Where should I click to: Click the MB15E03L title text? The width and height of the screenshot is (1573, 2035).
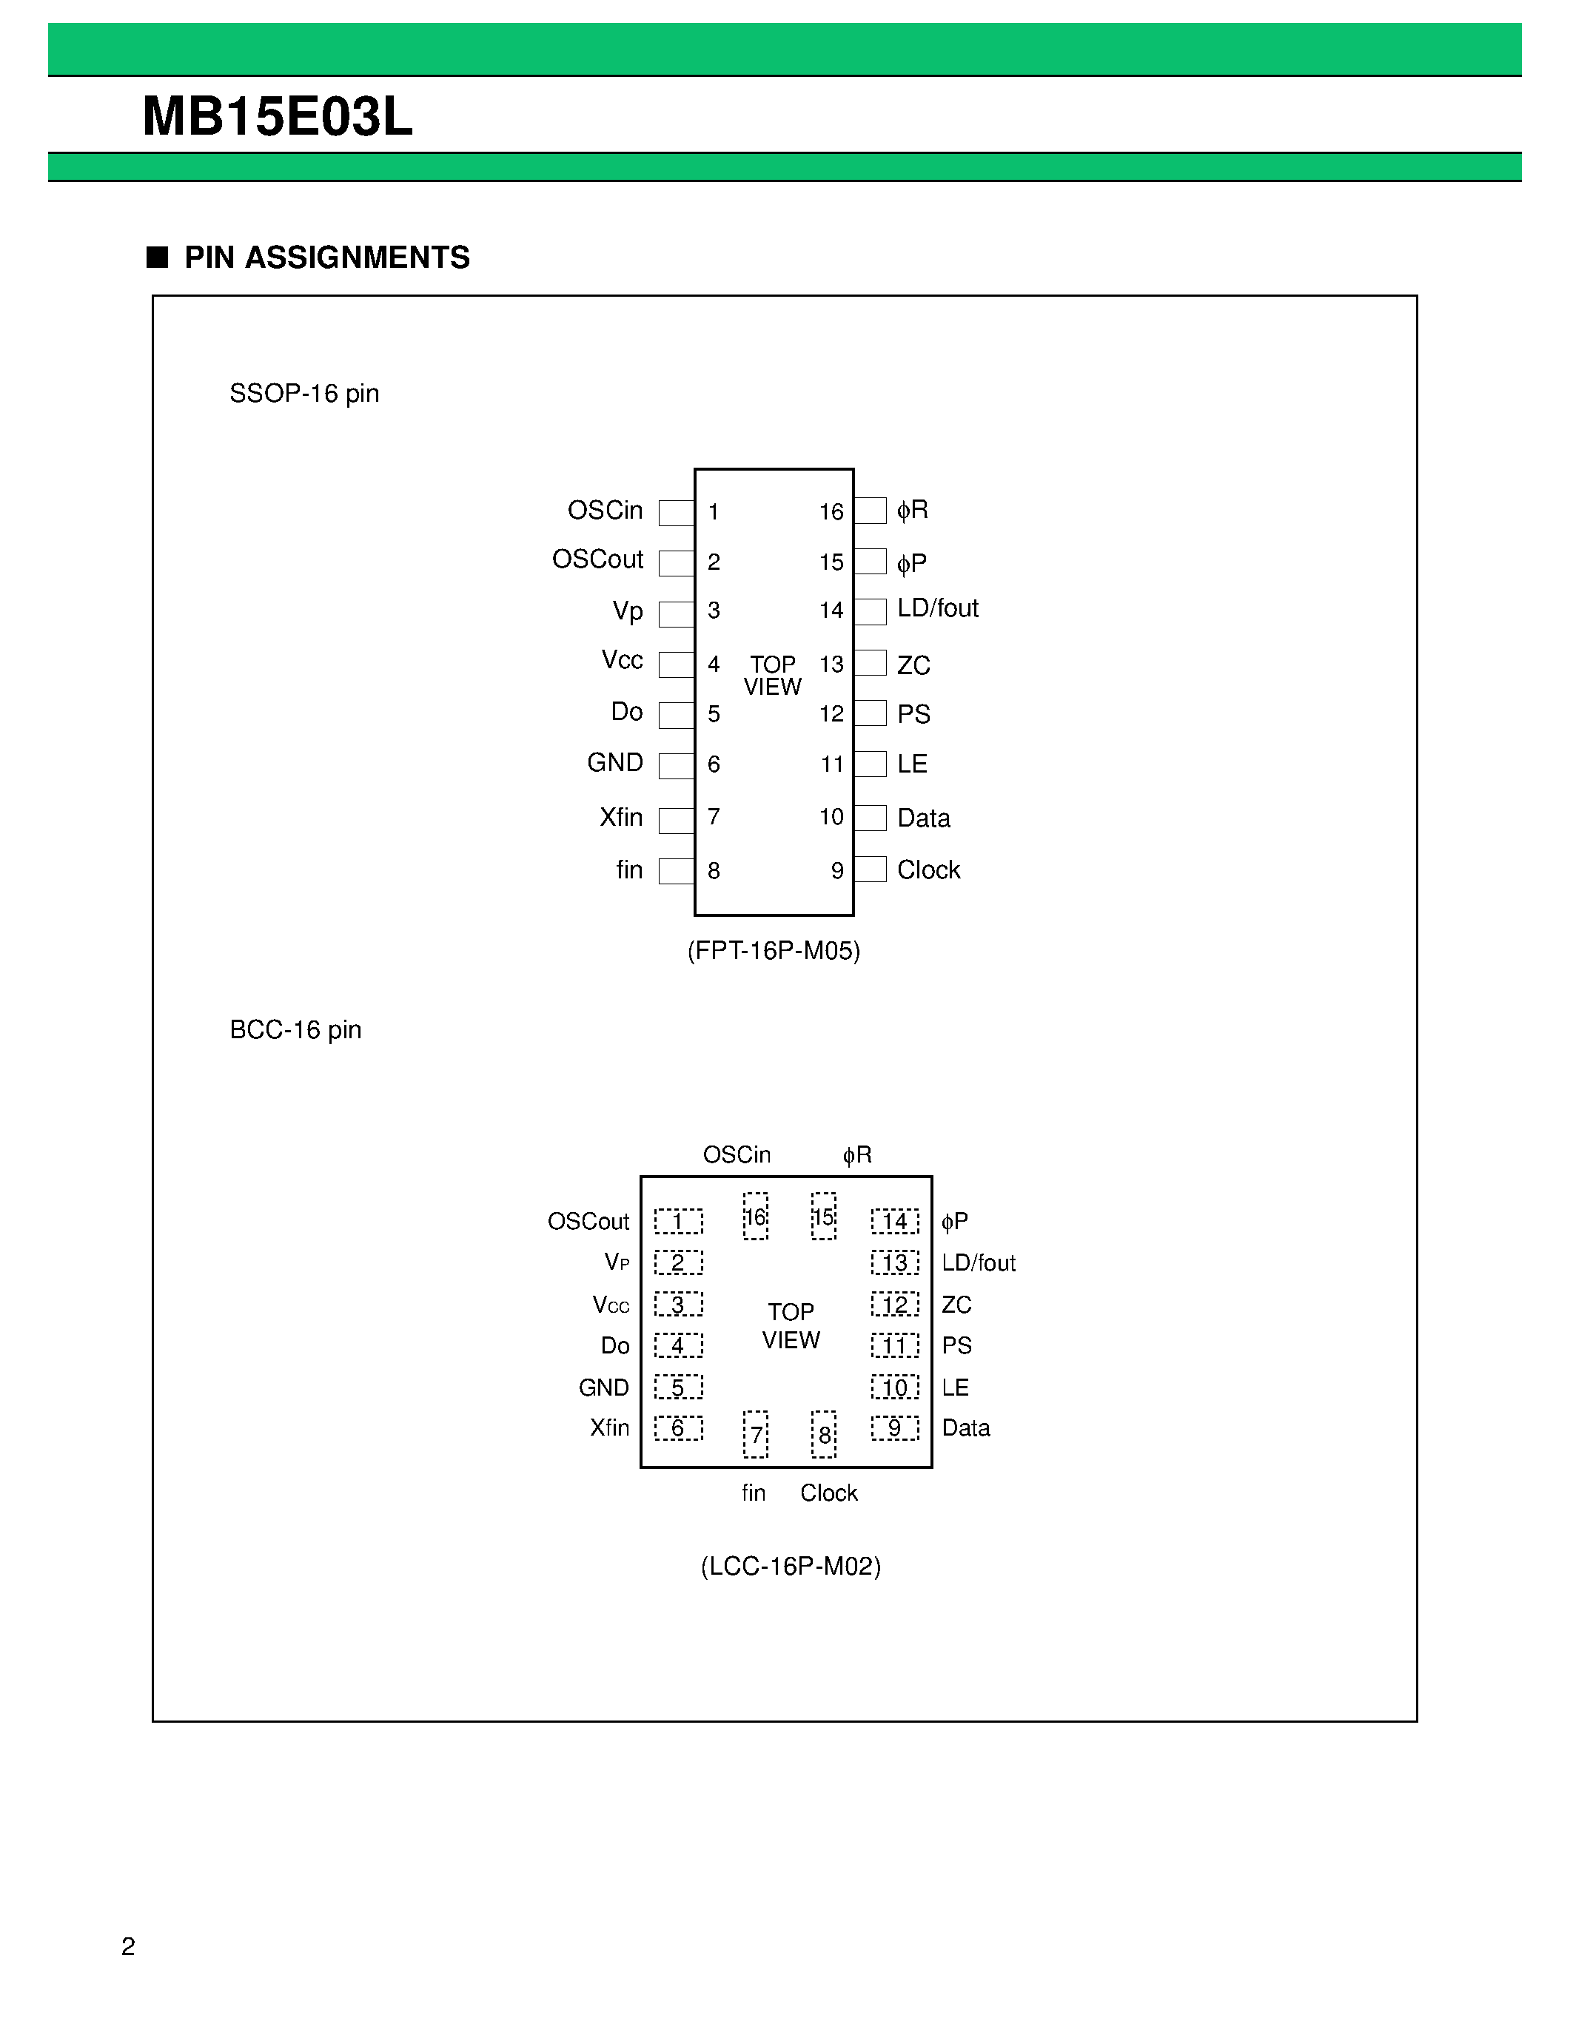277,118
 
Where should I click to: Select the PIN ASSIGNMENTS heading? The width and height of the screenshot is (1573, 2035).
326,258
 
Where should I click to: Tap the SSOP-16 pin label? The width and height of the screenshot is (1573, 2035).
303,393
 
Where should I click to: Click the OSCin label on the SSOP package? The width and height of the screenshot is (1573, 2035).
605,511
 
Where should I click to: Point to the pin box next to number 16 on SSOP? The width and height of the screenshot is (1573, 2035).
871,511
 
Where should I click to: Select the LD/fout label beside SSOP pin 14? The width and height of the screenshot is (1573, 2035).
937,608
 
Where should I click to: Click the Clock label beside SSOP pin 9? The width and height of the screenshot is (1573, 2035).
928,870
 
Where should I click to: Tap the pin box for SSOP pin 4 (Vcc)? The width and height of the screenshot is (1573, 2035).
676,665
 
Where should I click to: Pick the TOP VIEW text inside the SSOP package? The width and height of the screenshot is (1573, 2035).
773,676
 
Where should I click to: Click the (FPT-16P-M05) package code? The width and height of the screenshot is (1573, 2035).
774,950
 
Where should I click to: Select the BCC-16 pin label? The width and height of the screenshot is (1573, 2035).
295,1029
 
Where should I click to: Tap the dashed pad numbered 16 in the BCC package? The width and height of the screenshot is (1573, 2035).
756,1216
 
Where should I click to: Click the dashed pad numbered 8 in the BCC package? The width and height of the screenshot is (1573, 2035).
824,1435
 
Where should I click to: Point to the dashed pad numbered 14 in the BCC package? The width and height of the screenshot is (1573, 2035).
895,1222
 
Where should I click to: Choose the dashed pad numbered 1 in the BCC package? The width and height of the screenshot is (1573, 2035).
677,1222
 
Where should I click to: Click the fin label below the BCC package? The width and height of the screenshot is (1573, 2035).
753,1493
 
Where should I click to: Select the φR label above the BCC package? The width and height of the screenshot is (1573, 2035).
856,1155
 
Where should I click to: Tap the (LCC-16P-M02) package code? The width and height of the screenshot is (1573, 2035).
791,1565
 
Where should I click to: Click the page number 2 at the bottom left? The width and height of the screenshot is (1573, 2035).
129,1946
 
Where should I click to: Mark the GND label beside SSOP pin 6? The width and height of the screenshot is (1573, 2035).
615,763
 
